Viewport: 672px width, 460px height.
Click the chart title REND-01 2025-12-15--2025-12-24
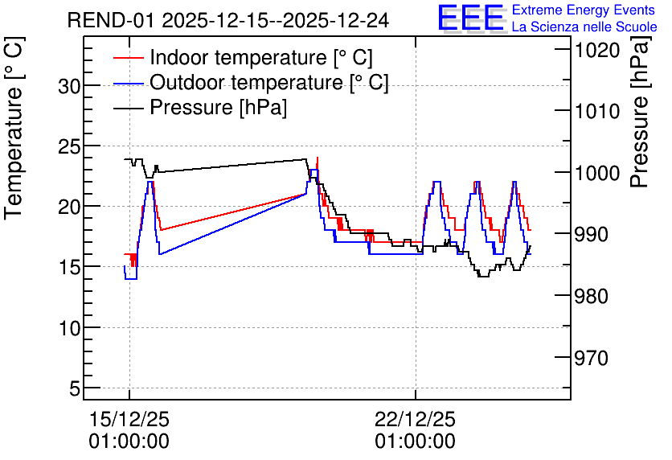(x=228, y=20)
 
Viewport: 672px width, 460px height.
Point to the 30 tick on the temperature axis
(x=69, y=86)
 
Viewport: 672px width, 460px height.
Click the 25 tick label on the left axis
(x=69, y=146)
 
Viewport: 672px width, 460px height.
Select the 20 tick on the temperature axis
(x=69, y=207)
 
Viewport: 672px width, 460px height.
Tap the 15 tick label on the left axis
(x=69, y=268)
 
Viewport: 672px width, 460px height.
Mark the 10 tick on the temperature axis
(x=69, y=328)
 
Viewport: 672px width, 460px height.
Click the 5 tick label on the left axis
(x=75, y=389)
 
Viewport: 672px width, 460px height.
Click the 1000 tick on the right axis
(x=597, y=173)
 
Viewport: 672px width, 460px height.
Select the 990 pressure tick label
(x=592, y=235)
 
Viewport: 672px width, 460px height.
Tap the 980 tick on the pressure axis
(x=592, y=296)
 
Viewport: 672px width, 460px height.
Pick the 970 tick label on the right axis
(x=592, y=358)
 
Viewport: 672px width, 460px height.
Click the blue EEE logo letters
(x=470, y=18)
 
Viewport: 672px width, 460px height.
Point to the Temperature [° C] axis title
(x=14, y=129)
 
